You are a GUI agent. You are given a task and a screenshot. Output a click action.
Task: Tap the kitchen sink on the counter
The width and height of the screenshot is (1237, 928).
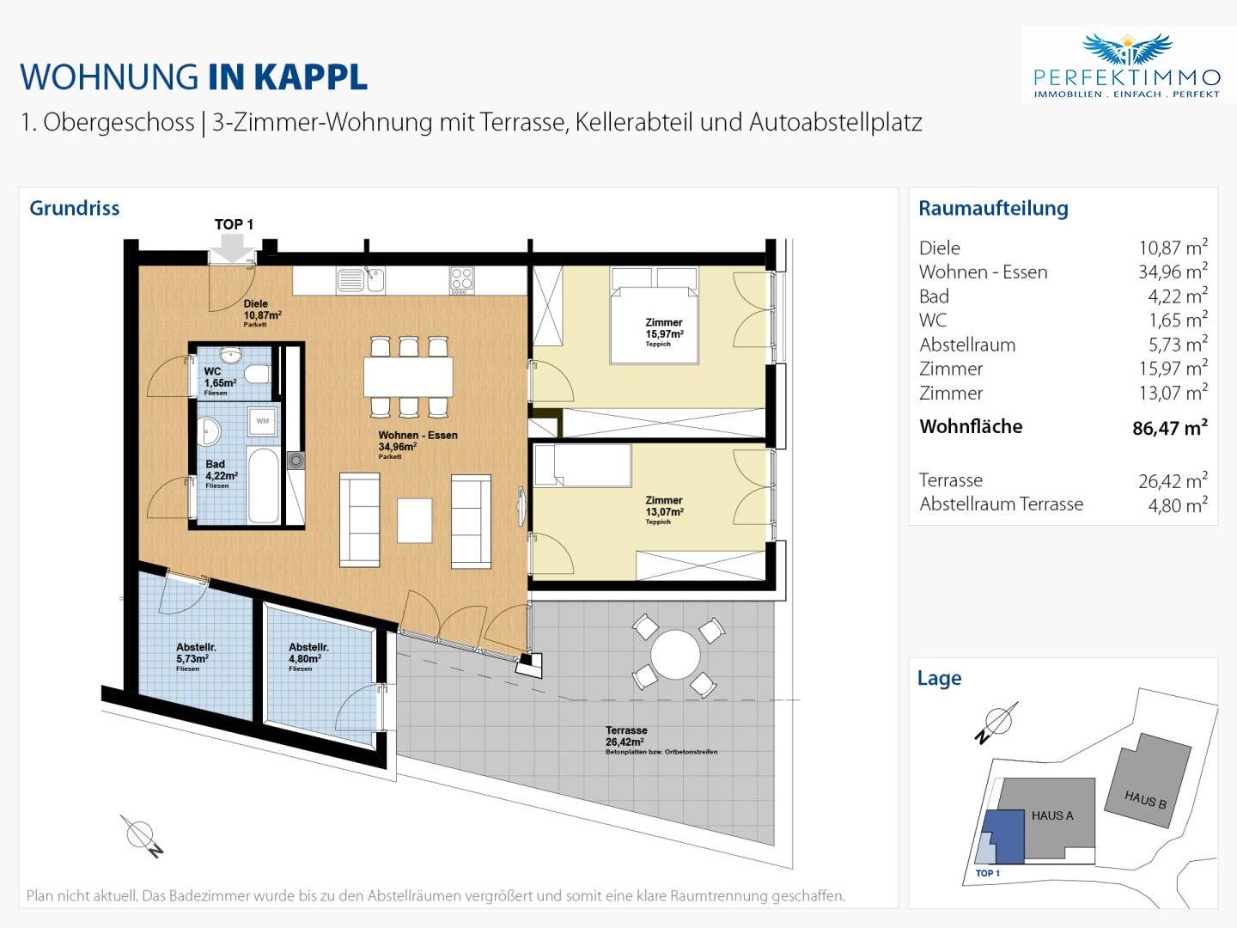point(361,280)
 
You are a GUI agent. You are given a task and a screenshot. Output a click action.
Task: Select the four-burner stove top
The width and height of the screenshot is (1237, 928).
point(461,280)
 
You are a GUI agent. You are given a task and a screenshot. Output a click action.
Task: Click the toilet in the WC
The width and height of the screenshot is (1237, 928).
point(258,374)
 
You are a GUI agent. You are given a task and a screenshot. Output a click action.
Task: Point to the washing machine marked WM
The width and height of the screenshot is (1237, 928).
point(263,421)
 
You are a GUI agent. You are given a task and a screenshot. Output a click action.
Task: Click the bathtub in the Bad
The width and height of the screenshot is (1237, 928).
point(264,485)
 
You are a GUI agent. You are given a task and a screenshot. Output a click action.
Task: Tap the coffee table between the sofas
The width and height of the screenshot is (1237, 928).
point(414,520)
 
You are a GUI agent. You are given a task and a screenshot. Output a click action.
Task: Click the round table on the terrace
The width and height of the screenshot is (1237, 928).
point(675,655)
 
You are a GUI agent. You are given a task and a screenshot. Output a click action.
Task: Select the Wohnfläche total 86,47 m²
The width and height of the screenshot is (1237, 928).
point(1170,428)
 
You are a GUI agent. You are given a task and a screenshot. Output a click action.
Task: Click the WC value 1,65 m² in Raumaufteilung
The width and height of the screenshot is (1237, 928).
point(1179,320)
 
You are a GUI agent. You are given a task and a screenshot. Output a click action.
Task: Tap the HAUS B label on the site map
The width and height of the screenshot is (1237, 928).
point(1145,799)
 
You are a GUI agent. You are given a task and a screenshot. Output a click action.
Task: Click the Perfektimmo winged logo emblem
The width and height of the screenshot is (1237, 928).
point(1127,50)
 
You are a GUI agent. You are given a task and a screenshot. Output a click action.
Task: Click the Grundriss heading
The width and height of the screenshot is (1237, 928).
point(75,208)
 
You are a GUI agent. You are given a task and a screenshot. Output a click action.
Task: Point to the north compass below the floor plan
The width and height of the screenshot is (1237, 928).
point(142,836)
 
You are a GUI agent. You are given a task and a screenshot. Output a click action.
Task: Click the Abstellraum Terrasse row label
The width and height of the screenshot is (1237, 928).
point(1002,504)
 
